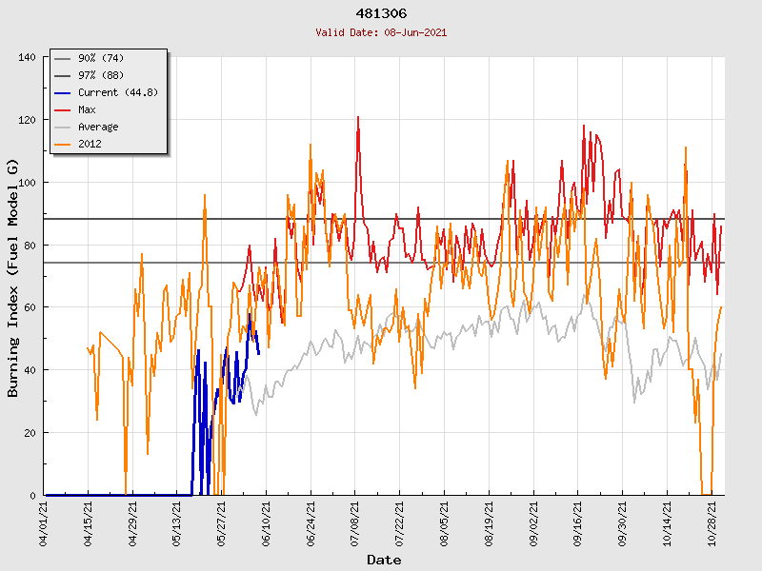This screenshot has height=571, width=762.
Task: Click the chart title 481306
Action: point(381,14)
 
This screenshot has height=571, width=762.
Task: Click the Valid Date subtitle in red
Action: point(381,32)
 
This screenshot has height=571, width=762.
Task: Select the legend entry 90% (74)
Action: point(100,58)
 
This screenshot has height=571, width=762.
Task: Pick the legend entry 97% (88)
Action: point(100,75)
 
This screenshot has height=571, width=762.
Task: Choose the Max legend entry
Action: point(87,109)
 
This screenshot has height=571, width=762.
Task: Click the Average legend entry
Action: point(98,127)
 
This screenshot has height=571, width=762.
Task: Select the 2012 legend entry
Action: point(90,144)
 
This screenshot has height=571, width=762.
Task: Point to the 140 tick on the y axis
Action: point(27,57)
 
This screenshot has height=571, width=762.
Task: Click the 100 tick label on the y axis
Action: point(27,183)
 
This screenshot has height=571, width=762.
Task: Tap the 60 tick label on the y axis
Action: point(30,307)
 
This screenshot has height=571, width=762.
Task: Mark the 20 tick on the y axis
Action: point(30,433)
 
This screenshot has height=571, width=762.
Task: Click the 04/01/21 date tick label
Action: point(43,522)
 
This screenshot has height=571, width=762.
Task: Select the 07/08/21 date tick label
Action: point(355,522)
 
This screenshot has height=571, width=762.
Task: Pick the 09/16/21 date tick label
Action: point(578,522)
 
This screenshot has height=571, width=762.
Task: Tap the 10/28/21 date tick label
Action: point(712,522)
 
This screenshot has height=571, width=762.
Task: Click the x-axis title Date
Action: point(384,560)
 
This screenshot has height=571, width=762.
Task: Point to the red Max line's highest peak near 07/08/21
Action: point(358,117)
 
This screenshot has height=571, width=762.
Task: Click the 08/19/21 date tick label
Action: point(490,522)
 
